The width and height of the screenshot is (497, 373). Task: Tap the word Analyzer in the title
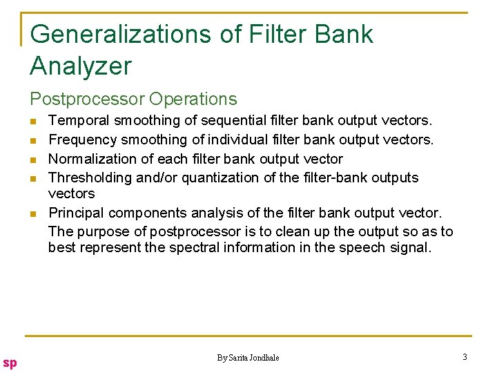[80, 66]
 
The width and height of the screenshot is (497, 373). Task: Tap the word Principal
[77, 213]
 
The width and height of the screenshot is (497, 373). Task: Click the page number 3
[465, 357]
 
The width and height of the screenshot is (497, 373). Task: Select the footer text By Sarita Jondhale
[248, 357]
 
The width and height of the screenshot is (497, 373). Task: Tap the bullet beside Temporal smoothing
[33, 122]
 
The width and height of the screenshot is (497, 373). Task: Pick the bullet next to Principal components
[33, 213]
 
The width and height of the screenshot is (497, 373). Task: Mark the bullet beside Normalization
[33, 160]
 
